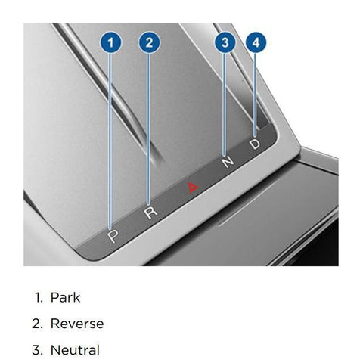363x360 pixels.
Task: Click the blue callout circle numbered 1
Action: coord(110,42)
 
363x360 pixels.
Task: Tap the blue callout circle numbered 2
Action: coord(149,42)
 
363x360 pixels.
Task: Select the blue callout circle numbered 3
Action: coord(225,42)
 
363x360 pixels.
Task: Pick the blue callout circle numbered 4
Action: coord(256,42)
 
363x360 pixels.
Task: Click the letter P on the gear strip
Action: coord(113,237)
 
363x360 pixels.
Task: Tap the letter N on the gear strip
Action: coord(228,162)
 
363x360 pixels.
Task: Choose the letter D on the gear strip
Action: coord(255,144)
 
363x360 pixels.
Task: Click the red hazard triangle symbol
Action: coord(193,188)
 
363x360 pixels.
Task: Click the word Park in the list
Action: coord(65,297)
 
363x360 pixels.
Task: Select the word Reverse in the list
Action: coord(77,324)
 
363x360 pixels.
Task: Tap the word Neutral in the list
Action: coord(75,350)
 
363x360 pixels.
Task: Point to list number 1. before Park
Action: coord(39,297)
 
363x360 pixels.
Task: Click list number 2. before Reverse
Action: coord(38,324)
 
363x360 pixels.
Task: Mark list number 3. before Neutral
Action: coord(38,350)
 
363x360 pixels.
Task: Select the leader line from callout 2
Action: coord(148,129)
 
